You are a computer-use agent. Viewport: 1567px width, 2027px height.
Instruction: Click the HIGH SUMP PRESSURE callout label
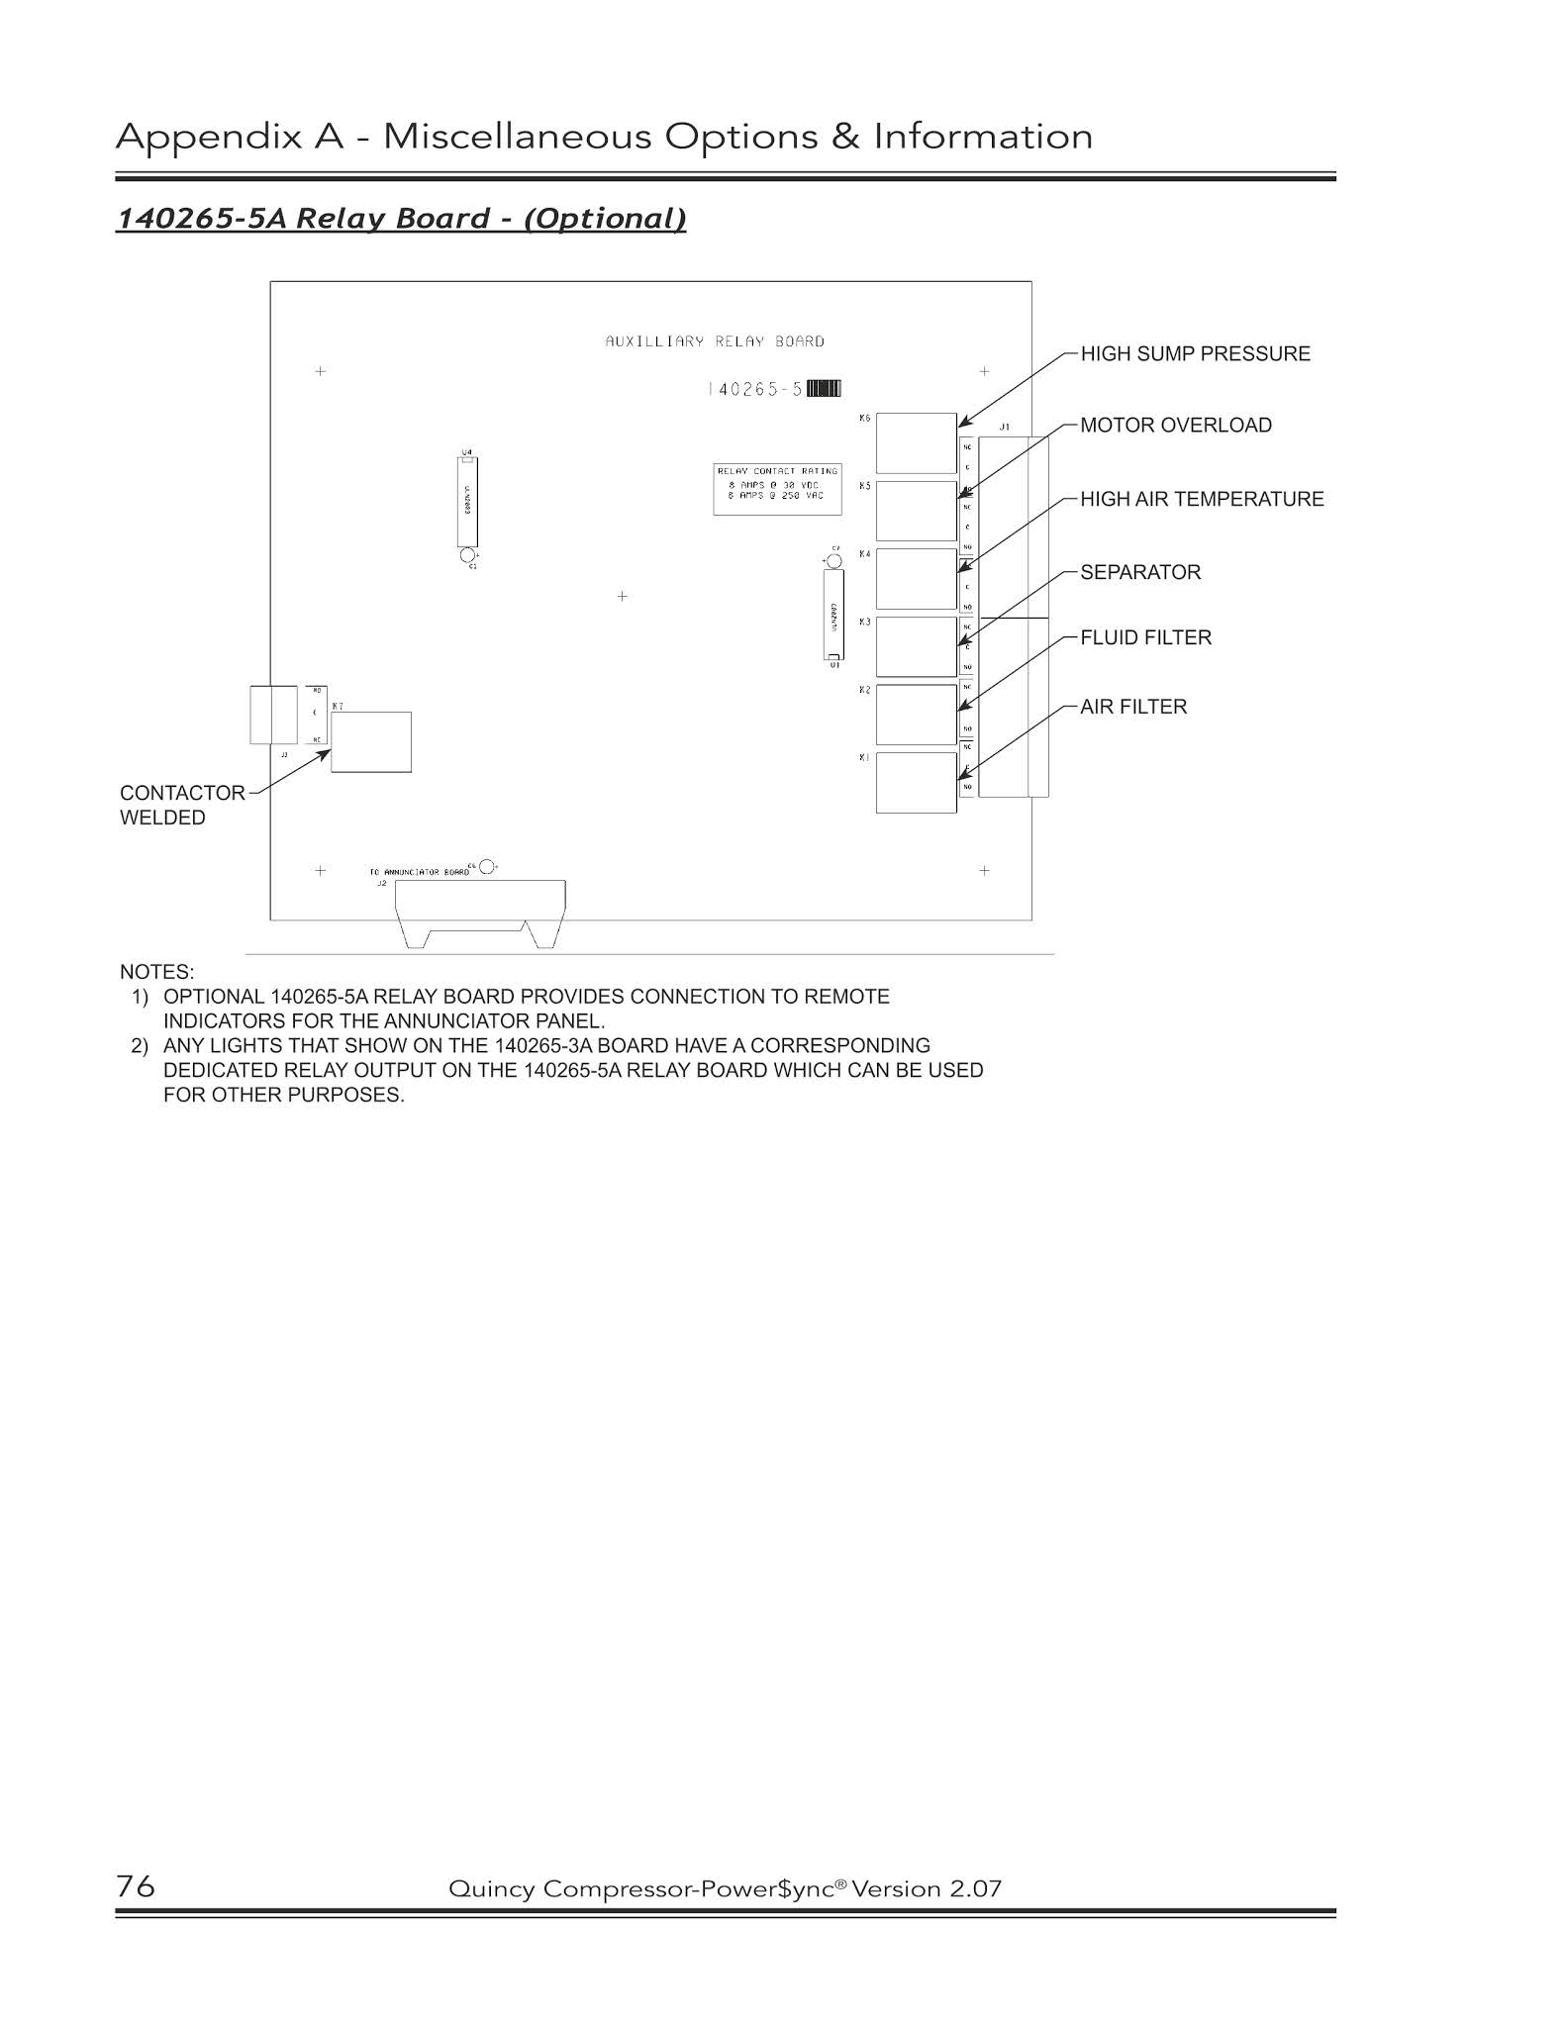click(1195, 354)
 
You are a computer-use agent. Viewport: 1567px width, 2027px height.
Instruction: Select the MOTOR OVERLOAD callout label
click(1176, 426)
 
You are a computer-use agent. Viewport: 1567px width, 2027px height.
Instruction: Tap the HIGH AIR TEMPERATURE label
click(1202, 500)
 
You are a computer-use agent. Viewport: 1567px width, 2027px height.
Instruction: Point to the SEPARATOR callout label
click(1140, 573)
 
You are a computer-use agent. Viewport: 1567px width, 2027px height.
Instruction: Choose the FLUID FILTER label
click(1145, 638)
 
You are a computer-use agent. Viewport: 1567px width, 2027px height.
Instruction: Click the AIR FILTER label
click(1133, 708)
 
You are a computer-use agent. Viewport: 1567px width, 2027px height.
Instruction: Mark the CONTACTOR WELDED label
click(182, 806)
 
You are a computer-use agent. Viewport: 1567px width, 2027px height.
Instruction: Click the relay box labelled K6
click(916, 442)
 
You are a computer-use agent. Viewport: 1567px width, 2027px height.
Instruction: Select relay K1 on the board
click(916, 783)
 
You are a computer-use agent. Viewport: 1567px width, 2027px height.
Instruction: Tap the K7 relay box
click(370, 742)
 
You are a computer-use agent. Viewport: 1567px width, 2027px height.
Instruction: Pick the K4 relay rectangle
click(916, 579)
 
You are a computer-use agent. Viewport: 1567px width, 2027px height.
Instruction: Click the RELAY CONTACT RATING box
click(777, 489)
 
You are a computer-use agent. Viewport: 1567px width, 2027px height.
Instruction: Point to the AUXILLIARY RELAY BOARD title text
click(715, 341)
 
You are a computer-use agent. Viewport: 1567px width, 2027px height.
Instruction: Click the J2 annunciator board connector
click(480, 911)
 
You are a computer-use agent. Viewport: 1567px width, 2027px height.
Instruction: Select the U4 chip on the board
click(467, 501)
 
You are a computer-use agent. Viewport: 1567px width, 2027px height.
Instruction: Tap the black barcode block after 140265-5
click(824, 389)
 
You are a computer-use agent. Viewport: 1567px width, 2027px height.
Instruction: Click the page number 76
click(136, 1886)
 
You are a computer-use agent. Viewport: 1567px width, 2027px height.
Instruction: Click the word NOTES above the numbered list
click(156, 972)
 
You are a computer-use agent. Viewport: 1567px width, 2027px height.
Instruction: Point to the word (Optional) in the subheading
click(604, 219)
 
